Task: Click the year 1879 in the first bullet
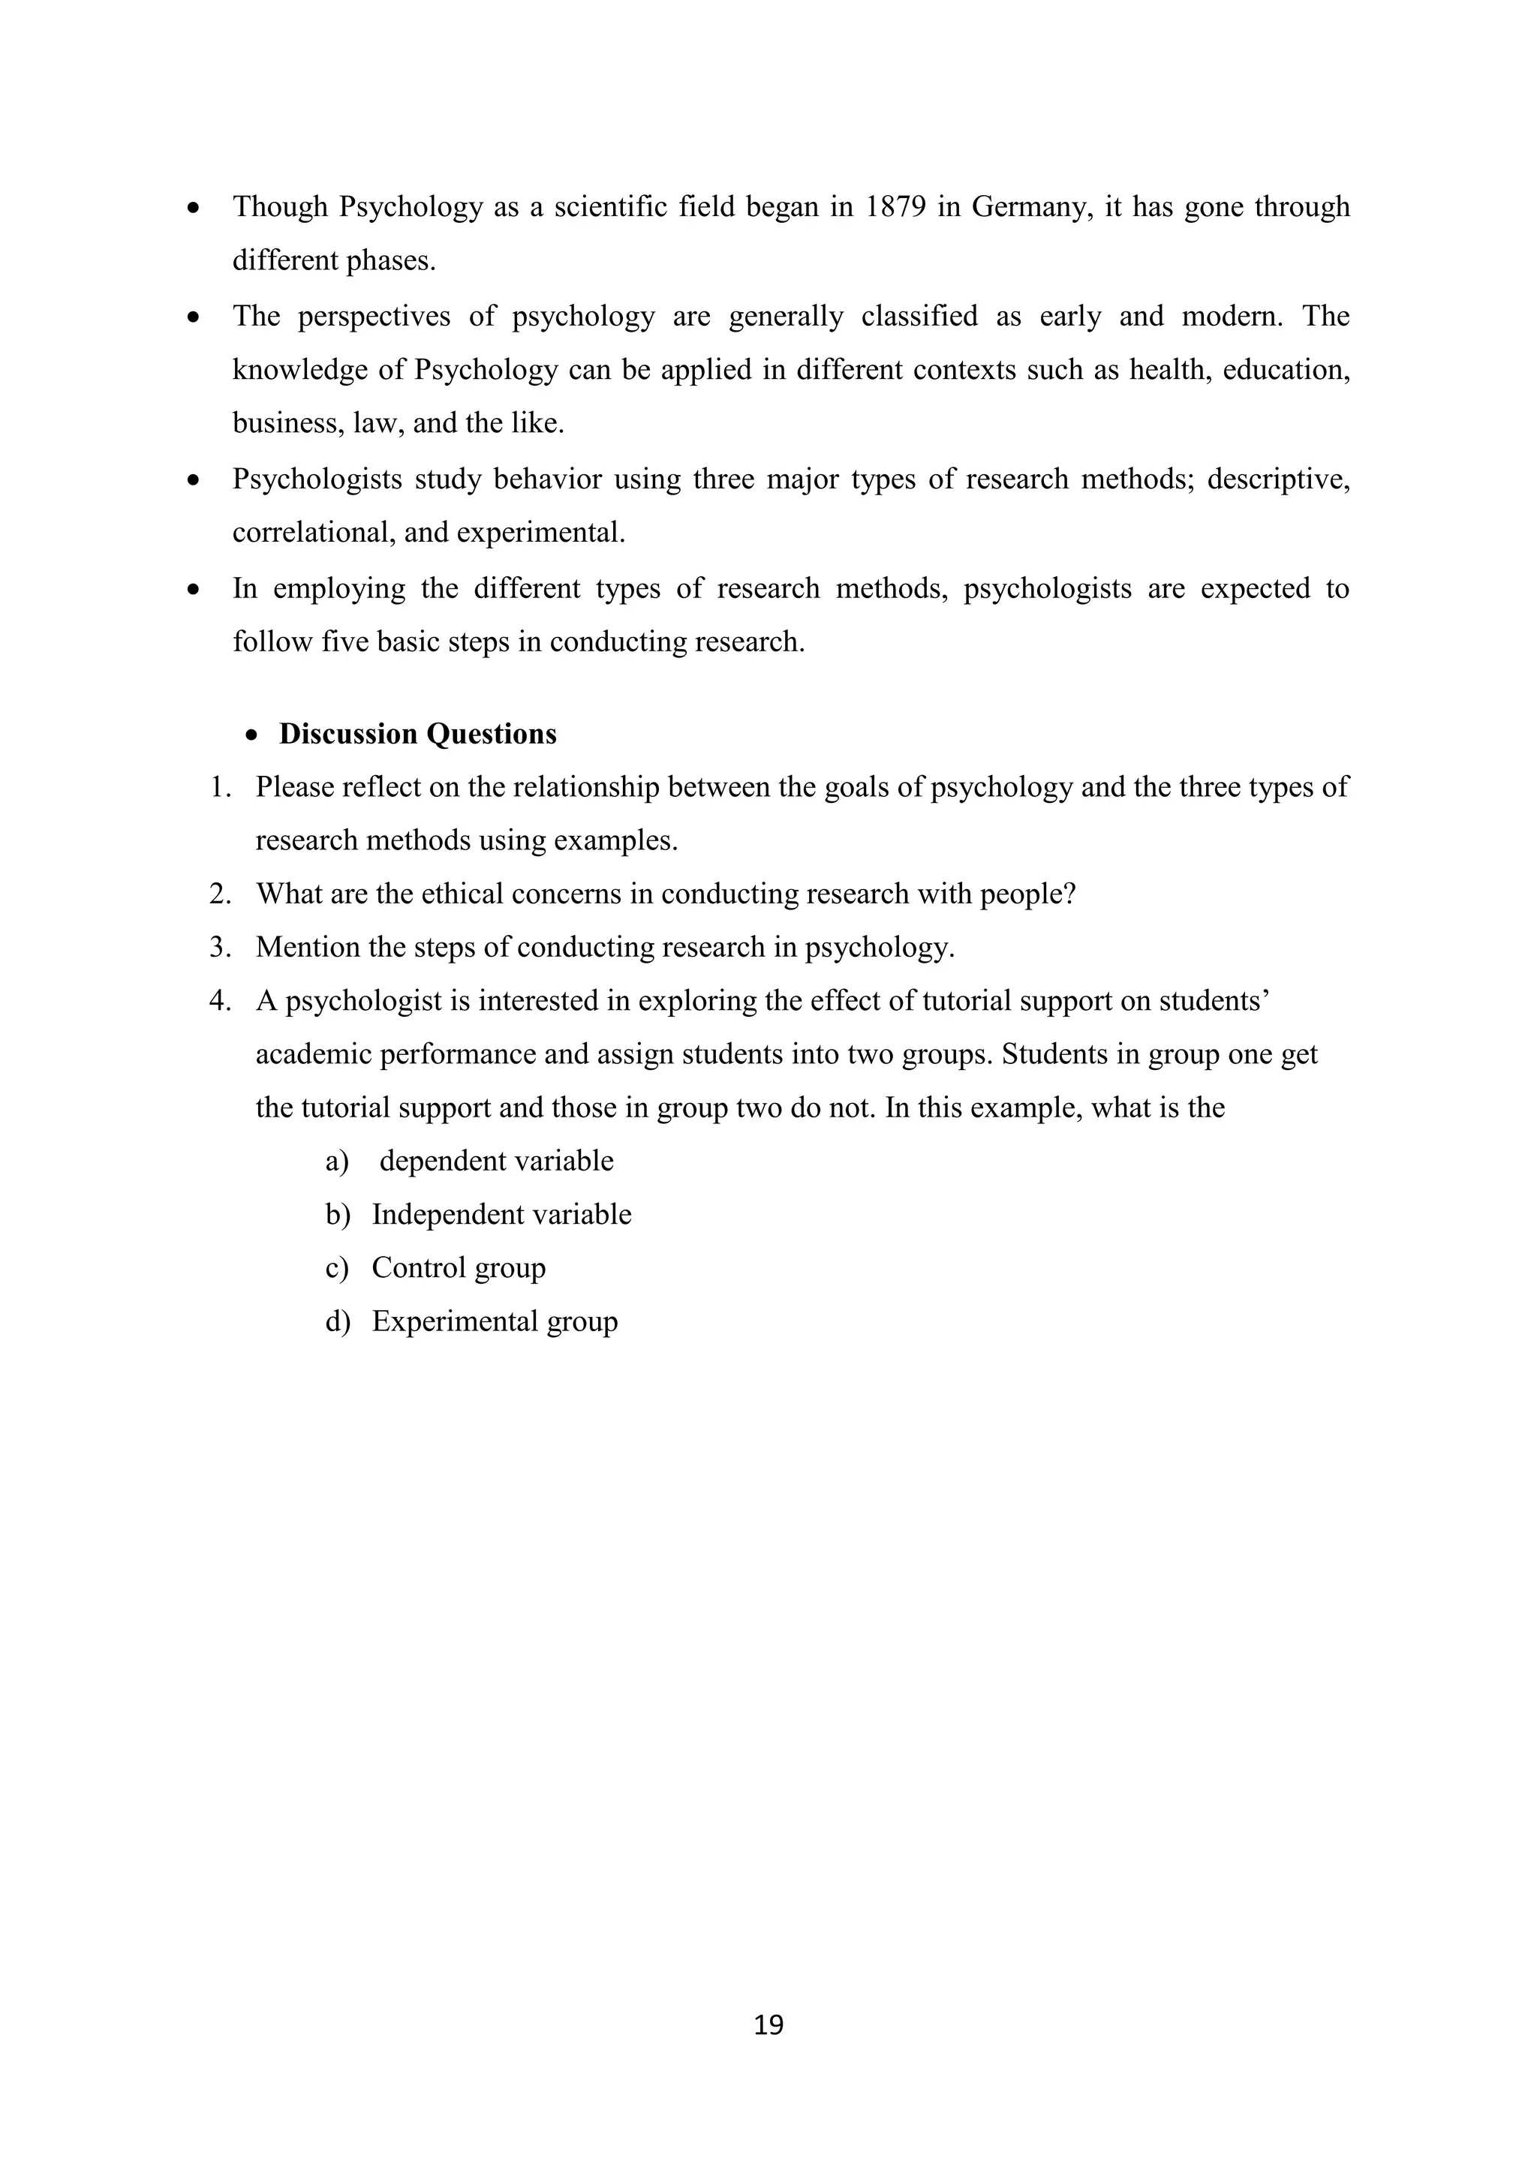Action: tap(895, 206)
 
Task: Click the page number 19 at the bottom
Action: tap(768, 2024)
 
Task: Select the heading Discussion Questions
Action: tap(417, 734)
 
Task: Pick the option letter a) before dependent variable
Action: tap(337, 1162)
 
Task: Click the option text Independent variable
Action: tap(501, 1214)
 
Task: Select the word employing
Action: tap(338, 589)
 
